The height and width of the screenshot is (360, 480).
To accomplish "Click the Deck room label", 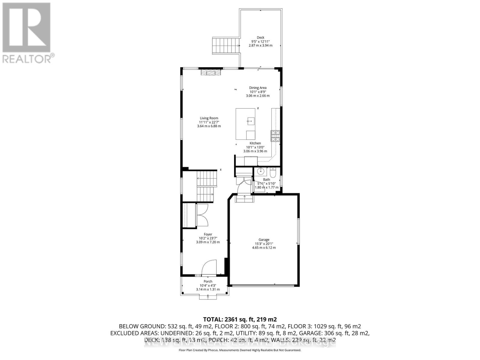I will (x=260, y=37).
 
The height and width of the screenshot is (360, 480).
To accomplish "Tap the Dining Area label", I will (x=258, y=88).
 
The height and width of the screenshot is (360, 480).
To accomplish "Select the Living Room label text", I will (x=209, y=118).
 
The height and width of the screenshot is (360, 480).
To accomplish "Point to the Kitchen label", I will (x=255, y=143).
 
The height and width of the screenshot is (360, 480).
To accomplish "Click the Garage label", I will (x=264, y=240).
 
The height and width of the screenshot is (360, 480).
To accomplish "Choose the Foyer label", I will (x=208, y=234).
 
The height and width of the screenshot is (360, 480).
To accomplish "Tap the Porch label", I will (x=208, y=281).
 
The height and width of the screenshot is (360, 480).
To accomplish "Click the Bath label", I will (x=266, y=180).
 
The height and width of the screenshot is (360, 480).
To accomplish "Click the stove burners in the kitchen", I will (x=275, y=136).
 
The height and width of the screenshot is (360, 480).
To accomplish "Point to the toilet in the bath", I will (x=273, y=173).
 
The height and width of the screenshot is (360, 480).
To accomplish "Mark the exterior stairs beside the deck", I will (x=226, y=45).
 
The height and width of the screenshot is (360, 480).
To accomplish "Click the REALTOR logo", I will (x=28, y=33).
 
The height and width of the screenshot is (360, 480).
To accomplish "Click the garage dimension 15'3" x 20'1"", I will (x=264, y=244).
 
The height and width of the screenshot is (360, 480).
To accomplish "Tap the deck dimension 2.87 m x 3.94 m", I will (x=260, y=46).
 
